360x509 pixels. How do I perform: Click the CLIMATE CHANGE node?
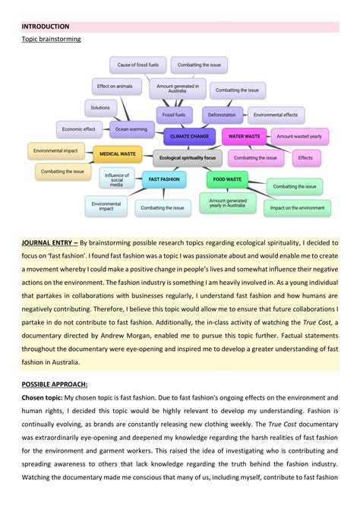tap(189, 137)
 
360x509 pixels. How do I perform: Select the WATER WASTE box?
tap(244, 137)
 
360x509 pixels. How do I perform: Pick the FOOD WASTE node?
tap(227, 179)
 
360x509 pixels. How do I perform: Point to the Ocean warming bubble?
tap(131, 129)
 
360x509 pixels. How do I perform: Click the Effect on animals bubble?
tap(114, 87)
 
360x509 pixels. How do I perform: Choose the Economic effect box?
tap(79, 129)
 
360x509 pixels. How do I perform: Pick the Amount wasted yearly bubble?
tap(298, 137)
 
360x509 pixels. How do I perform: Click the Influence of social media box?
tap(116, 180)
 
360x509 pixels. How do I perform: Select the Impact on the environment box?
tap(297, 207)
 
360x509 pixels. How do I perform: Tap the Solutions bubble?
tap(101, 108)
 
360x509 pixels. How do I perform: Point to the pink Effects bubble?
tap(305, 158)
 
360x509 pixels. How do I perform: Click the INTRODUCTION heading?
tap(46, 26)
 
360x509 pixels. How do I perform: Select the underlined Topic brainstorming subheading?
tap(51, 38)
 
